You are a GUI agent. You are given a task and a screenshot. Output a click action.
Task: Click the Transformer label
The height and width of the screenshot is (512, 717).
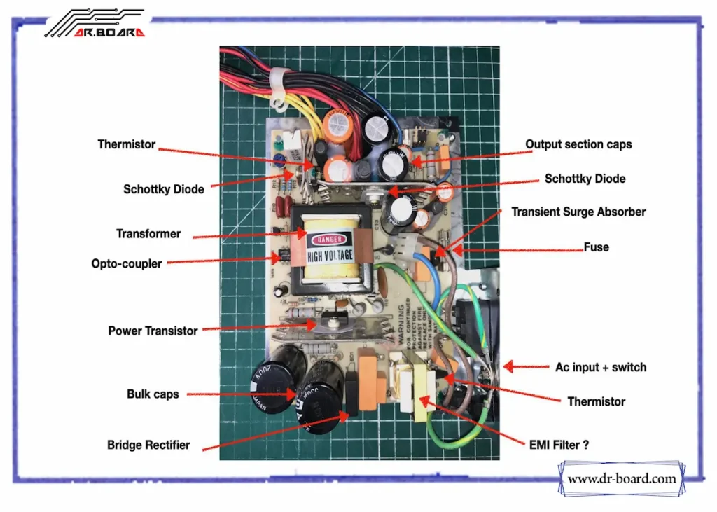pos(148,234)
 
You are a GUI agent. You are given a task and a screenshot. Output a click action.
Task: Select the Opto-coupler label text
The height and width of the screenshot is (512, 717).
pos(127,264)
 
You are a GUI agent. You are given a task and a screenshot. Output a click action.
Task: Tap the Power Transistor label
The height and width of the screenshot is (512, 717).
pos(153,331)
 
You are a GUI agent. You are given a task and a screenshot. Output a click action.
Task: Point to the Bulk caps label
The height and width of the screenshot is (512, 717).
pos(153,394)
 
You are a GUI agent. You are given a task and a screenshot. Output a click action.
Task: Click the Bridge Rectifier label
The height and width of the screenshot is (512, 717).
pos(148,445)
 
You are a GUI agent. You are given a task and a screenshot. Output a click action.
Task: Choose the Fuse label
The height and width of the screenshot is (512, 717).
pos(597,247)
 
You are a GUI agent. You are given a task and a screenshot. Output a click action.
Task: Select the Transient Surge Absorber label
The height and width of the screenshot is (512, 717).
pos(578,212)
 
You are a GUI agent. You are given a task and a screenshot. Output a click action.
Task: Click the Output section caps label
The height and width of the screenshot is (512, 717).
pos(578,144)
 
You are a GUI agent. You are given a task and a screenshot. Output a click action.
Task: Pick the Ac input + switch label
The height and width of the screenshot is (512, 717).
pos(601,367)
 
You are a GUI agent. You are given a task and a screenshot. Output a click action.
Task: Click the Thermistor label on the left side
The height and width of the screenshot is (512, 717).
pos(127,144)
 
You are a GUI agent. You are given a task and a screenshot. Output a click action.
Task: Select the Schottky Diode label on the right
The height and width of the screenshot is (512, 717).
pos(585,179)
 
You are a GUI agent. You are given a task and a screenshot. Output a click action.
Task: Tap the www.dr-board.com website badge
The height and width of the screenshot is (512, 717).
pos(622,479)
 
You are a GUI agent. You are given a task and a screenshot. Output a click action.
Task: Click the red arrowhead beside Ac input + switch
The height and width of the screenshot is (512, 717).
pos(510,366)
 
